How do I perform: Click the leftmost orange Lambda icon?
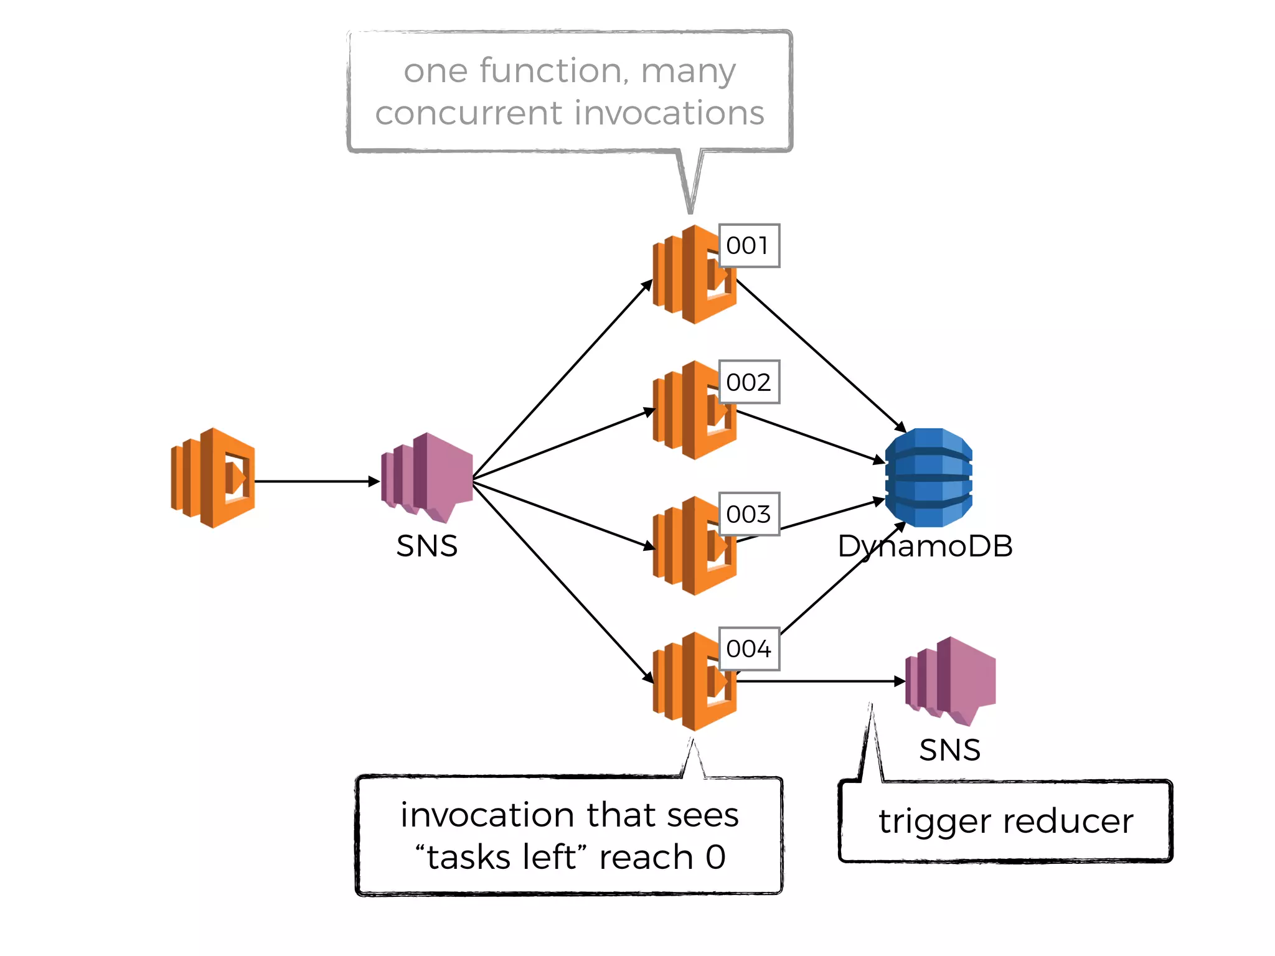click(x=213, y=478)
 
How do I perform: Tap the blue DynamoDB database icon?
click(x=928, y=477)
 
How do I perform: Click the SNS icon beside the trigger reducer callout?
click(x=951, y=681)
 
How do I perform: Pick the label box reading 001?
click(x=748, y=246)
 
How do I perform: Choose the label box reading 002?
click(x=748, y=382)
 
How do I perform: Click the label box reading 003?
click(x=748, y=514)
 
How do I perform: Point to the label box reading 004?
click(x=748, y=649)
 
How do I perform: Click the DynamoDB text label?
click(x=925, y=546)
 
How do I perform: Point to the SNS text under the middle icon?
click(x=427, y=546)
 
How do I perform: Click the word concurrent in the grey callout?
click(x=469, y=113)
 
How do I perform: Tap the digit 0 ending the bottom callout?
click(x=716, y=857)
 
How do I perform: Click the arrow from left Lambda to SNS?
click(x=314, y=481)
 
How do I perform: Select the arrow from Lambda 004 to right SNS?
click(x=822, y=682)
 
